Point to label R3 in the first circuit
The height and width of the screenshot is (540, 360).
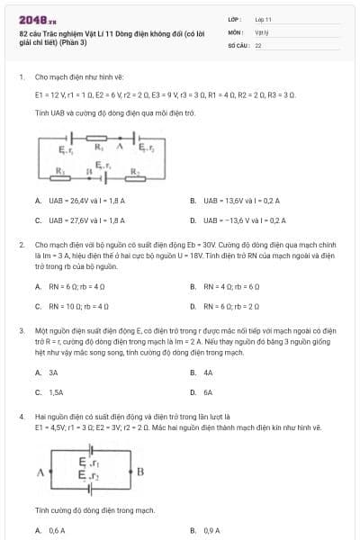point(61,169)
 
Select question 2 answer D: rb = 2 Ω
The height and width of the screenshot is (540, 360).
point(237,306)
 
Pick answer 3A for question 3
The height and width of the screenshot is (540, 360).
point(53,371)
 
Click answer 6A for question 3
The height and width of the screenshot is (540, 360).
point(208,392)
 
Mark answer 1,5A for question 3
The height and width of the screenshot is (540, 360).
point(56,392)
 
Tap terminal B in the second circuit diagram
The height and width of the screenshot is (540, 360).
point(139,470)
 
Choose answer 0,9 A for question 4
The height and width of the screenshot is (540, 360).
point(211,530)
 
